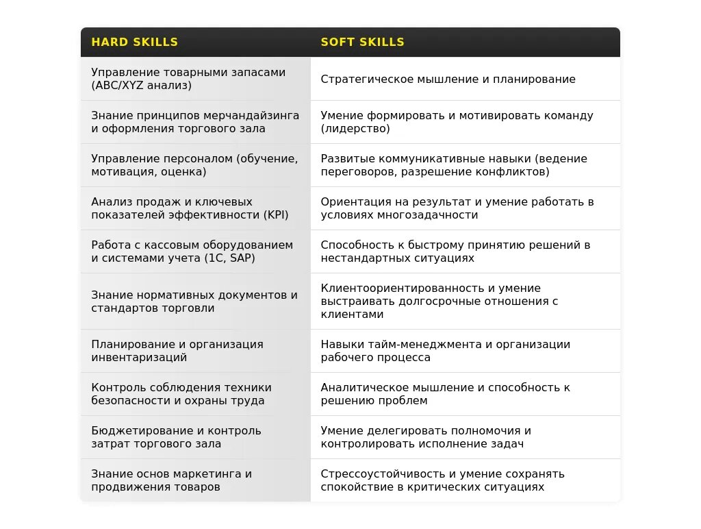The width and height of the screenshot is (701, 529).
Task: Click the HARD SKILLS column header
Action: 135,42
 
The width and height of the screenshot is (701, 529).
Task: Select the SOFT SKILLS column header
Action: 363,42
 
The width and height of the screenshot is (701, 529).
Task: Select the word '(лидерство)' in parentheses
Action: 355,129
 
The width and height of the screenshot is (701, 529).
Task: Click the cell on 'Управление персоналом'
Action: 194,165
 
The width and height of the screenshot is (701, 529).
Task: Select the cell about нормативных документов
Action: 194,302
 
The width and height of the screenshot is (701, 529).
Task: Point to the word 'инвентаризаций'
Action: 139,358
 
